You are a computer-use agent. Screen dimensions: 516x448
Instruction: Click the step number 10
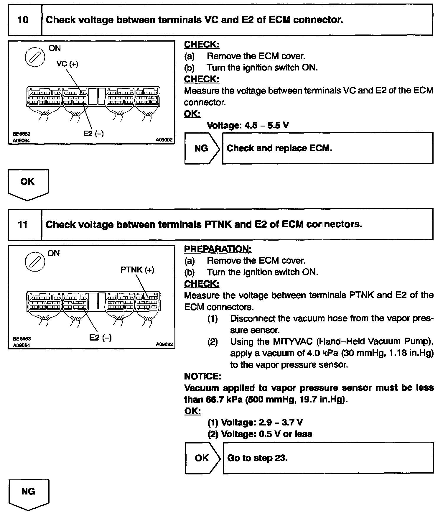click(23, 20)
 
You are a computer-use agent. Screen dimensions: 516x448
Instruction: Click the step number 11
click(23, 225)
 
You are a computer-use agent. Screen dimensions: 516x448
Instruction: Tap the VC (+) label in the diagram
click(67, 64)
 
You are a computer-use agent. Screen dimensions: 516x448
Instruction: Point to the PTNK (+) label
click(137, 270)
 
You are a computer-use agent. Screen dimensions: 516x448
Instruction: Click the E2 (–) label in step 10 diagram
click(93, 134)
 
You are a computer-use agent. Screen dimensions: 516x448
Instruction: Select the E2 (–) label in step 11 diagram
click(100, 338)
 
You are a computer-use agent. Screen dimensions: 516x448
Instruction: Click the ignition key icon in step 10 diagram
click(35, 57)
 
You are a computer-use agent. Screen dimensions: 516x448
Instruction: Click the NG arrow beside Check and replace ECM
click(202, 148)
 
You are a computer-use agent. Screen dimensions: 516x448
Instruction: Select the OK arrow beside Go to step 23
click(202, 458)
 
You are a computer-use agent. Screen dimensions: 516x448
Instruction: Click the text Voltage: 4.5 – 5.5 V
click(248, 126)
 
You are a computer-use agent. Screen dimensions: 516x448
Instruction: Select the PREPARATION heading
click(218, 249)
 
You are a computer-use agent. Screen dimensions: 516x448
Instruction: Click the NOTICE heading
click(202, 376)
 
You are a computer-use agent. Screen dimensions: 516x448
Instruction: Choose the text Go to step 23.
click(257, 458)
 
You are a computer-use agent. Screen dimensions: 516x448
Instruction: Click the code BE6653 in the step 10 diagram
click(22, 134)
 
